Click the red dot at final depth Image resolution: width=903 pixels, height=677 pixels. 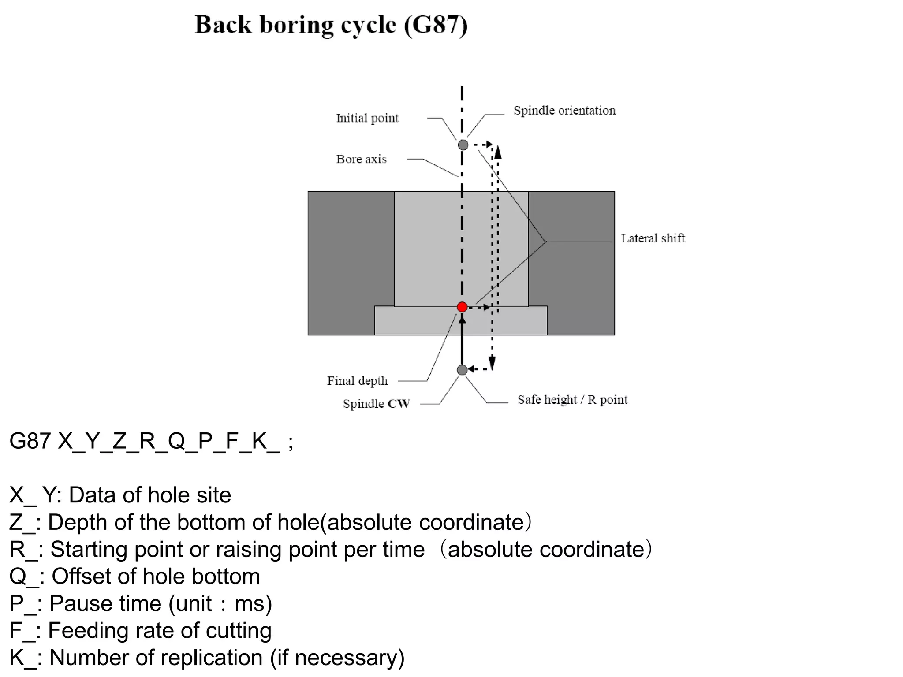[462, 307]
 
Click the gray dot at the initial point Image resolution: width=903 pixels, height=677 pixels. [463, 145]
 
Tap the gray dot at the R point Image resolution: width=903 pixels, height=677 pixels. [462, 370]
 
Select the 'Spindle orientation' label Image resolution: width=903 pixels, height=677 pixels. [564, 110]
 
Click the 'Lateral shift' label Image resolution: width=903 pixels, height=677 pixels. [653, 238]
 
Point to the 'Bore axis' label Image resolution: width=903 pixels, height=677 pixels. [361, 159]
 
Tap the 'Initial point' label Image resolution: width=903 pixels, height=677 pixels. [367, 118]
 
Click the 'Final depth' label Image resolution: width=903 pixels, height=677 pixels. [357, 381]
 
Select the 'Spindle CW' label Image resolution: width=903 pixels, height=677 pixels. [376, 404]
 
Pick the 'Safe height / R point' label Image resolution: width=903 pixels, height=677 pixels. [572, 400]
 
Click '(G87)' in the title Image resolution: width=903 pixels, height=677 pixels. [436, 25]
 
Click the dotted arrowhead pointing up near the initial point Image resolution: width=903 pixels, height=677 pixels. [498, 153]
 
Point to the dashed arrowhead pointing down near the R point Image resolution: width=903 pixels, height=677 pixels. [492, 362]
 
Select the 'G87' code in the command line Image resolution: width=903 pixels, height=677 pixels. [30, 441]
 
